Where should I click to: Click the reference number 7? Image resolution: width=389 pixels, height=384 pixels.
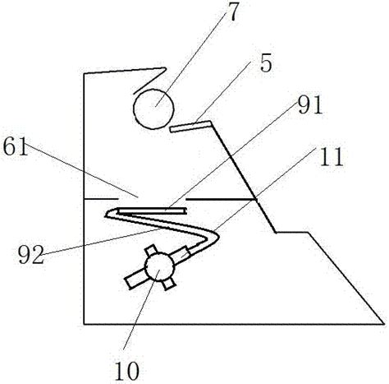(232, 12)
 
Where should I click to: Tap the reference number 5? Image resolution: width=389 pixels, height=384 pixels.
(266, 63)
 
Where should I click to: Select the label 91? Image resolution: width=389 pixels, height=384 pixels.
(310, 105)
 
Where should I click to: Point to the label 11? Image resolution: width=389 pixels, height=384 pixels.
(332, 157)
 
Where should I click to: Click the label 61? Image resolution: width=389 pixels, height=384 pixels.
(16, 146)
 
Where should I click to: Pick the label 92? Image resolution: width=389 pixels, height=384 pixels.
(31, 255)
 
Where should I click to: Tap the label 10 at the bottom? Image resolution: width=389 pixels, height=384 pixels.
(126, 371)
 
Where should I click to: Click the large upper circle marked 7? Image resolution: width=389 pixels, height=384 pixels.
(153, 109)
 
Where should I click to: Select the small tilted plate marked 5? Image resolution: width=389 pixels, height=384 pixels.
(190, 126)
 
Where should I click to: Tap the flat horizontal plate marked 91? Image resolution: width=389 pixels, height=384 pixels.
(152, 211)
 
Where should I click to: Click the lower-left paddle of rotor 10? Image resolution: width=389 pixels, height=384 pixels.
(135, 278)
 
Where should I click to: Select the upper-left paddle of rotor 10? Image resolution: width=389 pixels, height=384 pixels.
(151, 252)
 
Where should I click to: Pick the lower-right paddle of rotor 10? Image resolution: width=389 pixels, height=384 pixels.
(167, 284)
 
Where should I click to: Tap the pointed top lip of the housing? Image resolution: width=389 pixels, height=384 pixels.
(165, 69)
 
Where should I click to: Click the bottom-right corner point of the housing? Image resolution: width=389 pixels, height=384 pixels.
(383, 324)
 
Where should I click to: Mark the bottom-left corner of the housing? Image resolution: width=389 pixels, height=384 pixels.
(84, 324)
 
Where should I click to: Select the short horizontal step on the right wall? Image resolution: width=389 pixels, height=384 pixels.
(291, 233)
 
